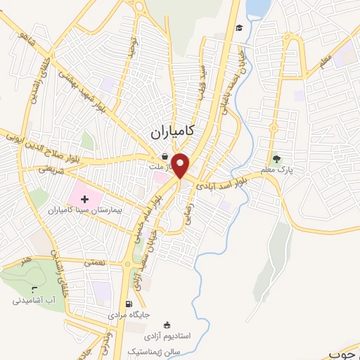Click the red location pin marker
(181, 164)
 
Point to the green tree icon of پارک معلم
(276, 158)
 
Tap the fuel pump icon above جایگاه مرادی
(128, 304)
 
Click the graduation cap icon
(240, 27)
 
